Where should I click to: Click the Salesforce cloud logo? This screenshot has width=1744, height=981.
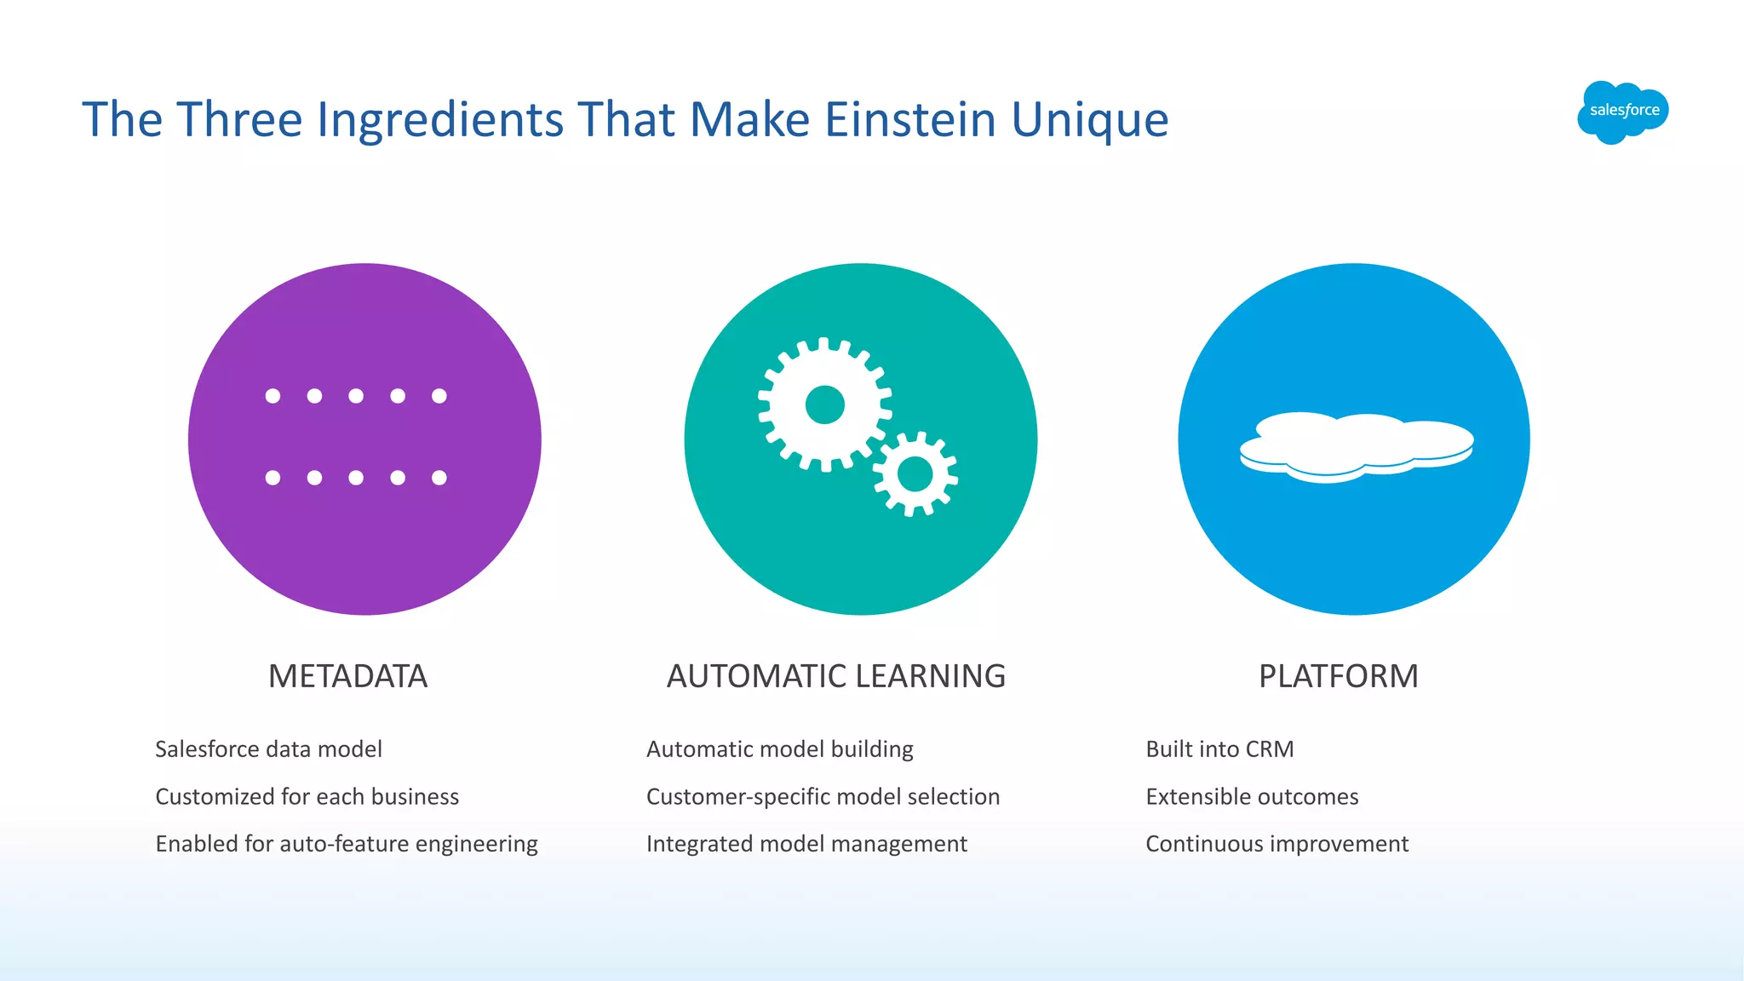[1622, 112]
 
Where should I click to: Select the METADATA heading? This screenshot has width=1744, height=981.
[347, 676]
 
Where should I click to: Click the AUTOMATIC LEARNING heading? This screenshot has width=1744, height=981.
[835, 676]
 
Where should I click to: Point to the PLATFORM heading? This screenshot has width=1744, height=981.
[1338, 676]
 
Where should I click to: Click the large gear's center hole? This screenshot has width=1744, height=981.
[824, 404]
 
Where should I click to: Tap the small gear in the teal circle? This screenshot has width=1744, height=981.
[915, 474]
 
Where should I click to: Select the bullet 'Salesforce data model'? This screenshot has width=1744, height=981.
[268, 749]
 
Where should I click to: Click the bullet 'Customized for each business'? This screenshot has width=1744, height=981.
[307, 797]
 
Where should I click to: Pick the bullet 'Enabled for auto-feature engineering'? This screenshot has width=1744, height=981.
[347, 844]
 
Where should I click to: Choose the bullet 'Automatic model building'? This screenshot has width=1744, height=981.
[779, 749]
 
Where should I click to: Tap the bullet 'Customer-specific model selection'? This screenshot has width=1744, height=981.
[823, 797]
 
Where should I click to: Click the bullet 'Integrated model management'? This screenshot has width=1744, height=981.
[806, 844]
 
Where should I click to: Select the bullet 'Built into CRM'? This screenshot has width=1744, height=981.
[1219, 749]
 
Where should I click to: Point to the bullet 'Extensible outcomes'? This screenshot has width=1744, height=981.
[1252, 797]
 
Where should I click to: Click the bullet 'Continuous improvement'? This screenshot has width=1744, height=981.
[1276, 844]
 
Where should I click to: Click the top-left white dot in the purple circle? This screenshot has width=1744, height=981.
[272, 396]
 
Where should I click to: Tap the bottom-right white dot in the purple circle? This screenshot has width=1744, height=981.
[439, 478]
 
